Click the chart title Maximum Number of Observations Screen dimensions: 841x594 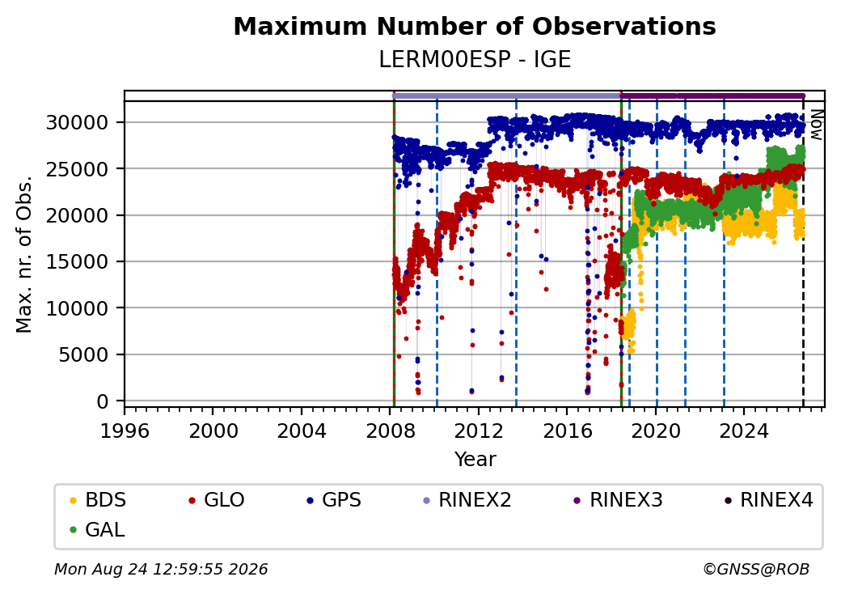point(475,26)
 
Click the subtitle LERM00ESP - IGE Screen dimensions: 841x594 point(475,60)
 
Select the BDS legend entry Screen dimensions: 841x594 point(98,500)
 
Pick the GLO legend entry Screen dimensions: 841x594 point(217,500)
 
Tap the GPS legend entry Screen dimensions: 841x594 point(334,500)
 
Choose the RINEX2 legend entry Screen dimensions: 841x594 point(467,500)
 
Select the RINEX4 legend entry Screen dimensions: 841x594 point(769,500)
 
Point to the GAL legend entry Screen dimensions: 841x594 point(98,529)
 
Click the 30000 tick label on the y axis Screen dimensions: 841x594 point(78,123)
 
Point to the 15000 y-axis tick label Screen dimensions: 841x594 point(78,262)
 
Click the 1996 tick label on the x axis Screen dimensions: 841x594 point(125,431)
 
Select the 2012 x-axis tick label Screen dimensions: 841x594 point(479,431)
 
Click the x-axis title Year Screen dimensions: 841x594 point(475,460)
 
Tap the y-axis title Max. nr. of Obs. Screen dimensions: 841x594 point(24,254)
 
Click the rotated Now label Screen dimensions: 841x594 point(816,125)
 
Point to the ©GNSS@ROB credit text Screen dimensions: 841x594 point(756,569)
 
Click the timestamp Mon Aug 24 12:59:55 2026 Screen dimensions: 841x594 point(161,569)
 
